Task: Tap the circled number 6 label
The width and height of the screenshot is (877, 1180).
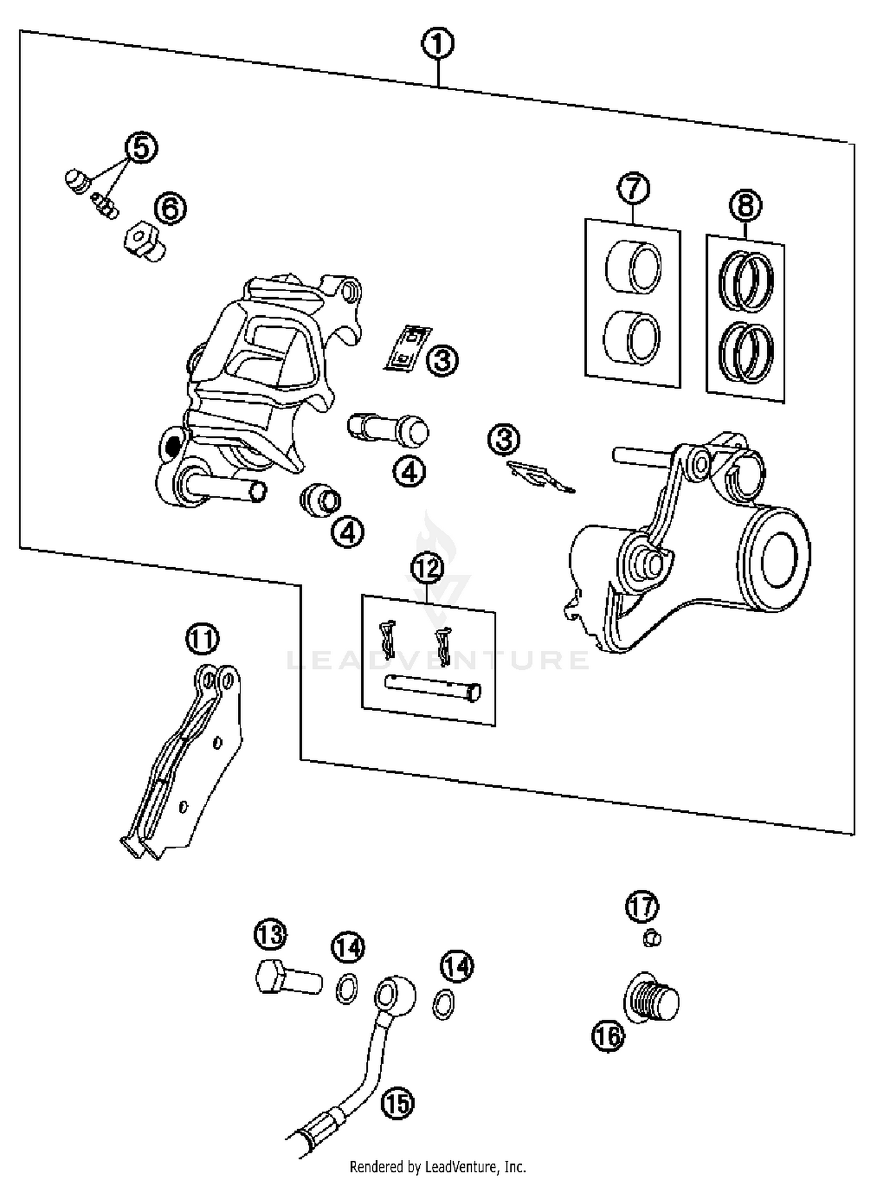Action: click(170, 208)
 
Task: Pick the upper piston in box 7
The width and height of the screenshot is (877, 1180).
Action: click(633, 267)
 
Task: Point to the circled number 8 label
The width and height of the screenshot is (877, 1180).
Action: click(746, 205)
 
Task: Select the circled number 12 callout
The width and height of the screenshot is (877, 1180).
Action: click(427, 567)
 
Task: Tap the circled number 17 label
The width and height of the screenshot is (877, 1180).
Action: click(642, 906)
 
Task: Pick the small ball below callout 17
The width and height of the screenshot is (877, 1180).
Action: click(652, 939)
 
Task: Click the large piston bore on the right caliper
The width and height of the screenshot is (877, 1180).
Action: click(779, 560)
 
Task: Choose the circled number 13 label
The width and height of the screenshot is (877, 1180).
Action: click(271, 935)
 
